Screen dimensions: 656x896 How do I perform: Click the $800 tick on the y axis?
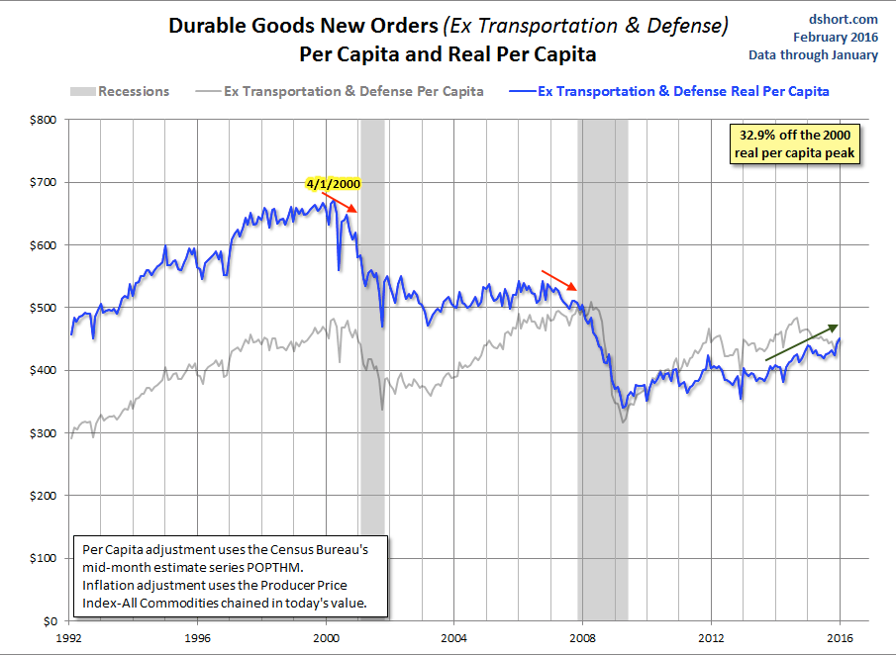tap(44, 120)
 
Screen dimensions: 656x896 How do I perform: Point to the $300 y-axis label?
tap(44, 433)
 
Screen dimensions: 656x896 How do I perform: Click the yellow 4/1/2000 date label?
tap(334, 183)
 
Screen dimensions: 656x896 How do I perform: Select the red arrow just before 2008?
tap(556, 279)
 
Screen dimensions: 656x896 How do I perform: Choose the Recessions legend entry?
tap(120, 92)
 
